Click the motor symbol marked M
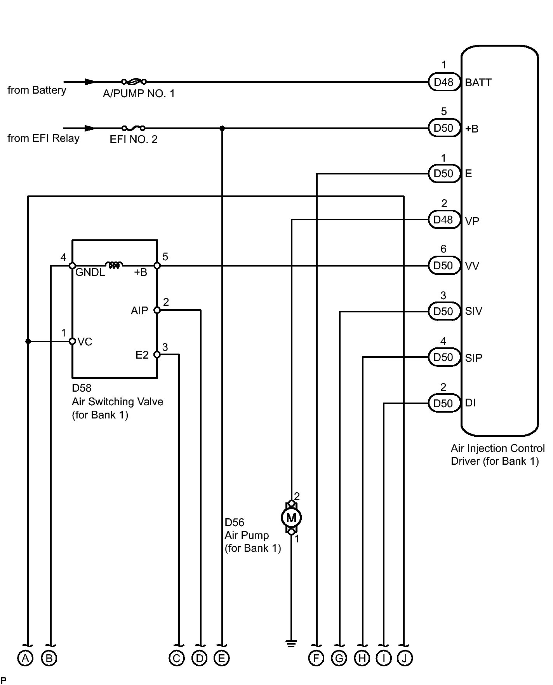(x=291, y=517)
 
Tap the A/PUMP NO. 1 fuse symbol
(x=134, y=82)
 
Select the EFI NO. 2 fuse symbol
(x=133, y=128)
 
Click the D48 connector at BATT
(x=444, y=82)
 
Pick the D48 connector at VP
(x=444, y=220)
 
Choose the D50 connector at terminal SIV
(x=444, y=311)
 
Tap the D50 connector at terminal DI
(x=444, y=403)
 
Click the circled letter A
(x=26, y=658)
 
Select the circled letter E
(x=222, y=658)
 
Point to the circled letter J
(x=405, y=658)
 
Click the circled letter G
(x=339, y=658)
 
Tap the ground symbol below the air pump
(x=291, y=643)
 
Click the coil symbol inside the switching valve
(x=114, y=265)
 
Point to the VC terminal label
(x=85, y=342)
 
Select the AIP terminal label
(x=139, y=311)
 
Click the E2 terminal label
(x=142, y=355)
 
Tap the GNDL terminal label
(x=90, y=272)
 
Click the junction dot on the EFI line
(x=222, y=128)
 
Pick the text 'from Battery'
(x=37, y=91)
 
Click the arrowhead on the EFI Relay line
(x=90, y=128)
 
